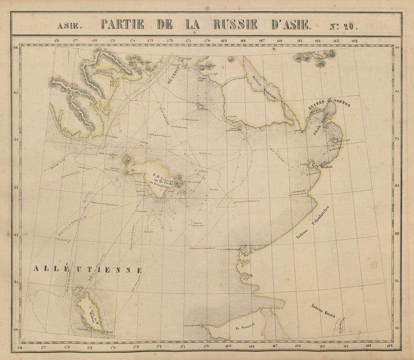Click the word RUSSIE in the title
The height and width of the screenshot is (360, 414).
(235, 24)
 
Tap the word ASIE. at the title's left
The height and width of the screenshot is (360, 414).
(68, 26)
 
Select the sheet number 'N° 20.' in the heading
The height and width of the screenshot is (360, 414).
(343, 26)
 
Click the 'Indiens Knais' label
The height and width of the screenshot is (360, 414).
(323, 311)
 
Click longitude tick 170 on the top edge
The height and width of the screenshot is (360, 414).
(207, 41)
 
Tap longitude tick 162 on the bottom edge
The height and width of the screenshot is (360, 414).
(389, 346)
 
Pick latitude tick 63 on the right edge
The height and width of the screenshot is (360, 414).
(397, 186)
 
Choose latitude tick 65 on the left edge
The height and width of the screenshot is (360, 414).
(16, 92)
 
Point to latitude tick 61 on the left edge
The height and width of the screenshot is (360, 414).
(16, 282)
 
